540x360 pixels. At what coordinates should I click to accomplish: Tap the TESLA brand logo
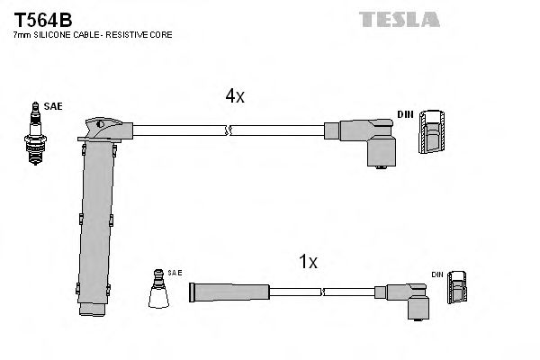tap(399, 18)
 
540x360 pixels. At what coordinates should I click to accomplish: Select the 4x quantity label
tap(234, 96)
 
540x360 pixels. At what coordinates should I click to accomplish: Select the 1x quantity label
tap(308, 262)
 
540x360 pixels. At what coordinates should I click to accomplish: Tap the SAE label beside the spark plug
tap(54, 105)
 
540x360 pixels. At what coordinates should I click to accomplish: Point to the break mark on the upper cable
tap(229, 131)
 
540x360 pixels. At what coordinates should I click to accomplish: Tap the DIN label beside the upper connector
tap(406, 113)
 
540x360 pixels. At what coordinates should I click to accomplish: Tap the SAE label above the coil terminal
tap(175, 272)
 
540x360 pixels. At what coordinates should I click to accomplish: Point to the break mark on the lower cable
tap(323, 292)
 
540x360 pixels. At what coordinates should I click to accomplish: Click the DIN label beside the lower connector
tap(437, 274)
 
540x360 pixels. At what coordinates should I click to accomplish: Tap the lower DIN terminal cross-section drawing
tap(458, 290)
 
